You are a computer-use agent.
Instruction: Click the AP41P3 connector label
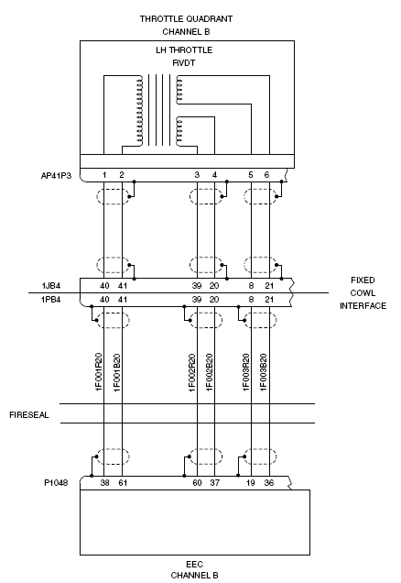point(56,175)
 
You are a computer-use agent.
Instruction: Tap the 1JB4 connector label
point(51,286)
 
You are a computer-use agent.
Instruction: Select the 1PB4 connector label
point(51,300)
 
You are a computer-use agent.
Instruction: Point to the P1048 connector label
point(56,482)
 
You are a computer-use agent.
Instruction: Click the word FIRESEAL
point(29,415)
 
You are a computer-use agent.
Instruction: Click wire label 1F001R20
point(99,372)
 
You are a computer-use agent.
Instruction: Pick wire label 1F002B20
point(210,372)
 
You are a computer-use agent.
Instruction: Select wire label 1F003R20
point(245,372)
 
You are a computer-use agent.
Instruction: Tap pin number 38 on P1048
point(104,482)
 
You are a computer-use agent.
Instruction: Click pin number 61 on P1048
point(123,482)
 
